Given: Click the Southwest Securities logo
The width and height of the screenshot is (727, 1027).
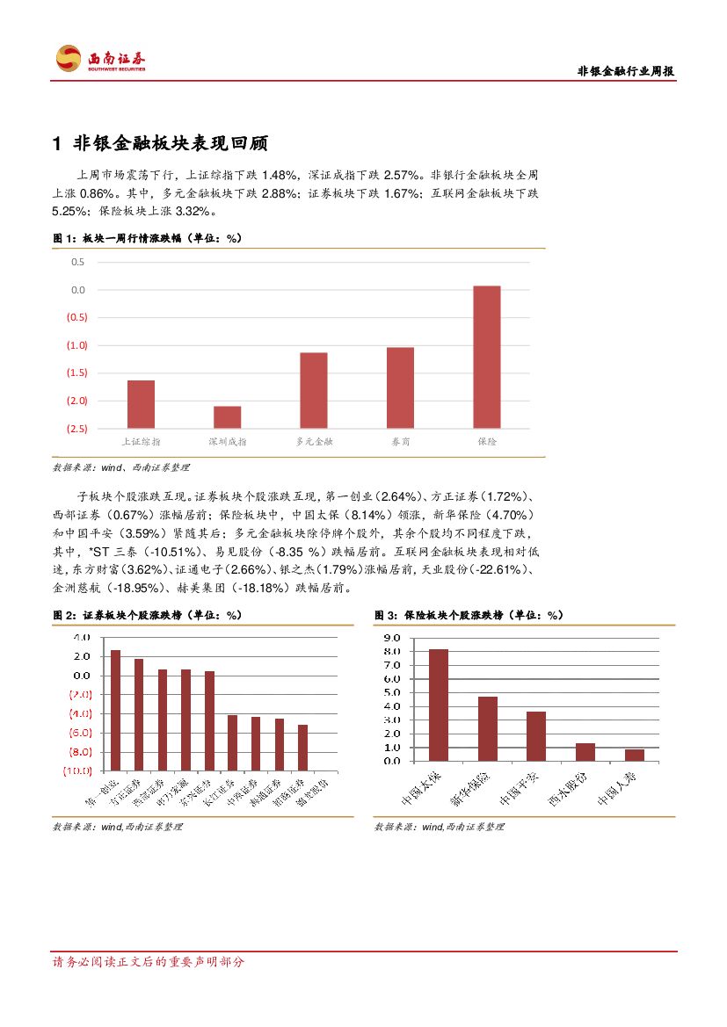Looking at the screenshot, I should point(100,59).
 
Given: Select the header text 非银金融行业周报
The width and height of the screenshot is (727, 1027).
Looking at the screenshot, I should point(625,72).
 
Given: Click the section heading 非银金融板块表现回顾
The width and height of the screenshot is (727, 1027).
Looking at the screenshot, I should point(169,144).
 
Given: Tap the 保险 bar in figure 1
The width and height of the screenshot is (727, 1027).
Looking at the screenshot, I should point(486,357).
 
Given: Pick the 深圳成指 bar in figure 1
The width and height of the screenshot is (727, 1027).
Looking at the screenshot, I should point(227,416).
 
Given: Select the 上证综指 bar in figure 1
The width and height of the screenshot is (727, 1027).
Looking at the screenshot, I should point(141,404).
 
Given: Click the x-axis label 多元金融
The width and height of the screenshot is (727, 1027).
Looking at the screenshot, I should point(314,441).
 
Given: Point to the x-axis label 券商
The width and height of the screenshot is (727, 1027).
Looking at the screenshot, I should point(400,441).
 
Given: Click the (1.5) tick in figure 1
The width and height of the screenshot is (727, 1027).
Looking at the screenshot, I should point(76,372).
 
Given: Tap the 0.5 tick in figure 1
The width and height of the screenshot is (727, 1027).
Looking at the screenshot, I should point(78,262).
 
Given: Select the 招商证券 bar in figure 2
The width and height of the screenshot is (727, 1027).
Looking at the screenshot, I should point(302,747).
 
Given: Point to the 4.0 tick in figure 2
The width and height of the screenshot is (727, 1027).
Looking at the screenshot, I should point(82,637).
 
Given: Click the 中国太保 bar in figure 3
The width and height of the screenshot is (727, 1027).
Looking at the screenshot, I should point(438,705).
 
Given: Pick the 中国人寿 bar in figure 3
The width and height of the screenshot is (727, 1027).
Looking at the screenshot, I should point(634,755).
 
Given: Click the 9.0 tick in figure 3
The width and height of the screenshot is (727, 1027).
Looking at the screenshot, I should point(392,637).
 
